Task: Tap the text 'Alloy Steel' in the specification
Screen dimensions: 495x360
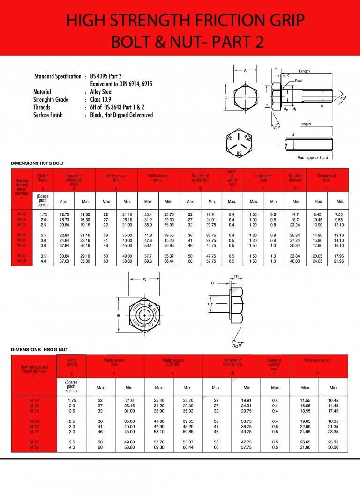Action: pyautogui.click(x=101, y=92)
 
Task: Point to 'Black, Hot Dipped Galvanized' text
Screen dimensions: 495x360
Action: pyautogui.click(x=121, y=115)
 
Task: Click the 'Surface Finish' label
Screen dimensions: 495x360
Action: pyautogui.click(x=48, y=115)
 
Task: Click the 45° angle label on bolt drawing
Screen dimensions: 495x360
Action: pyautogui.click(x=343, y=99)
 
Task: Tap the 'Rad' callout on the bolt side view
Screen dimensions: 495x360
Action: pyautogui.click(x=298, y=81)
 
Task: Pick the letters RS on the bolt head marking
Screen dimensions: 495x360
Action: pyautogui.click(x=239, y=153)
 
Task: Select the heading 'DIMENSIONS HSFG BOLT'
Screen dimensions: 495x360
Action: pyautogui.click(x=37, y=163)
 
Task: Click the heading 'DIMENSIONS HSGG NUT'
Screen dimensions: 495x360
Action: pyautogui.click(x=39, y=349)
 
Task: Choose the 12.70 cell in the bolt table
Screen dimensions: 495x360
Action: pyautogui.click(x=65, y=214)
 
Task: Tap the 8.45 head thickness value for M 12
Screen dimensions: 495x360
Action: pyautogui.click(x=318, y=214)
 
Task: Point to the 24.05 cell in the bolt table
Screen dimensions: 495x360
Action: pyautogui.click(x=318, y=261)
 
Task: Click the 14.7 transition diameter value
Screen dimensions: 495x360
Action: pyautogui.click(x=295, y=214)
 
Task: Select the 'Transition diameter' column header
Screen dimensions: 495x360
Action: pyautogui.click(x=295, y=178)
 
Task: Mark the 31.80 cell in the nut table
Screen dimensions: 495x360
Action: pyautogui.click(x=306, y=448)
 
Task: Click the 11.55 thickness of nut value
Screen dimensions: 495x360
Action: pyautogui.click(x=306, y=400)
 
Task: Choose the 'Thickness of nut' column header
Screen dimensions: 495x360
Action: pyautogui.click(x=317, y=360)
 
